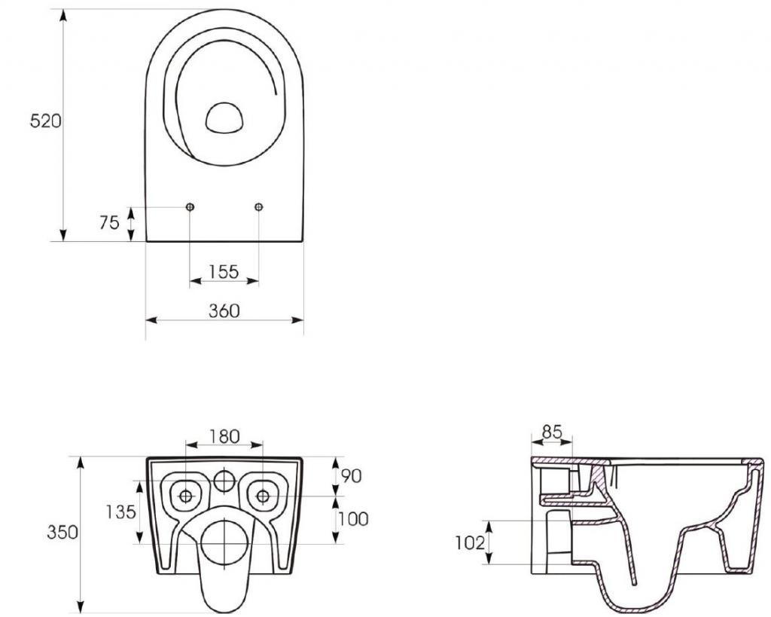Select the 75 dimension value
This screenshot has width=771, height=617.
click(109, 222)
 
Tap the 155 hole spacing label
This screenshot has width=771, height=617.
click(224, 271)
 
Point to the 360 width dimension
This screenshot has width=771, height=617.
click(224, 310)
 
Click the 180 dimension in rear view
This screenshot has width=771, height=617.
click(224, 435)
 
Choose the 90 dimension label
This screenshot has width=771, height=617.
click(351, 475)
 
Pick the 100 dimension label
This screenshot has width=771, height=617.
click(353, 518)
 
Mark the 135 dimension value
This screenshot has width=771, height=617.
click(120, 512)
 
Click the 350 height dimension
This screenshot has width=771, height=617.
click(63, 532)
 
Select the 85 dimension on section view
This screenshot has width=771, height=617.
click(551, 432)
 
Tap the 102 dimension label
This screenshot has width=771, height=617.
click(470, 542)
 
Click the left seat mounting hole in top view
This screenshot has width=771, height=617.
click(189, 207)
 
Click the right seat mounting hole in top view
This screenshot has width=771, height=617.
click(259, 207)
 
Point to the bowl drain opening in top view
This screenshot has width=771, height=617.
click(224, 118)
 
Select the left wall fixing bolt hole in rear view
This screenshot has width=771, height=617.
click(185, 495)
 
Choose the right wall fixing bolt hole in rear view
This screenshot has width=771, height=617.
click(262, 495)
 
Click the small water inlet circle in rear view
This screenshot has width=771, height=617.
click(224, 479)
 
